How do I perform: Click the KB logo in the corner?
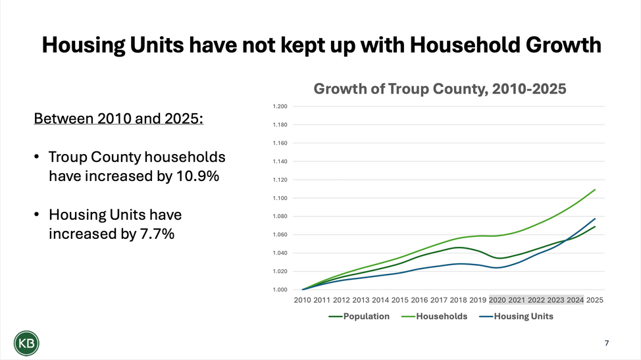coord(26,343)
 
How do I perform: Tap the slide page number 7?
coord(606,343)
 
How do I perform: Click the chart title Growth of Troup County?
coord(440,89)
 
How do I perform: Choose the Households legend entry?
coord(442,317)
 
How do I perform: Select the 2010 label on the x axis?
coord(303,300)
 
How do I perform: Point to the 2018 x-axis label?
coord(458,300)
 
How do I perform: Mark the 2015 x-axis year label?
coord(399,300)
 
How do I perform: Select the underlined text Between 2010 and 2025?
coord(118,119)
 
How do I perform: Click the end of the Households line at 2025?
coord(595,190)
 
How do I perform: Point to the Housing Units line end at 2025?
coord(595,219)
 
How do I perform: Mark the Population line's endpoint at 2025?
coord(595,227)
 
